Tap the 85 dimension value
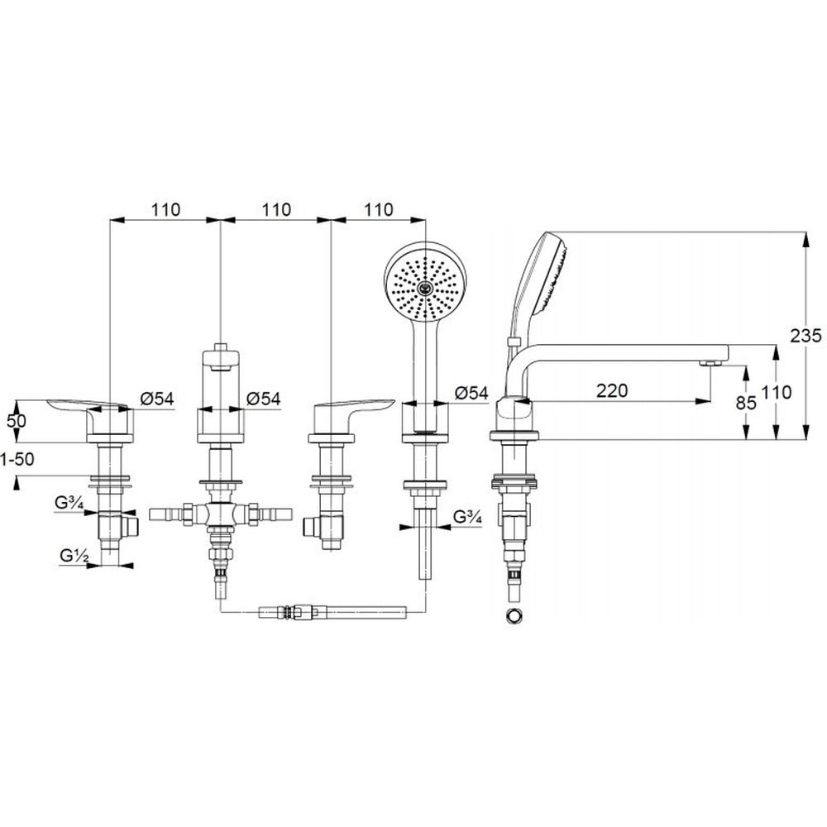pyautogui.click(x=746, y=404)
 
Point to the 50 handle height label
pyautogui.click(x=16, y=420)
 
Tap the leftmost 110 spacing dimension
pyautogui.click(x=165, y=210)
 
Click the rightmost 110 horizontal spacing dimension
pyautogui.click(x=378, y=210)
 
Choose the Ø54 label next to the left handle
pyautogui.click(x=156, y=399)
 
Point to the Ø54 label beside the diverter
pyautogui.click(x=264, y=399)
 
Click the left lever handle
pyautogui.click(x=87, y=405)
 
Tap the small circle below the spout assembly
pyautogui.click(x=514, y=615)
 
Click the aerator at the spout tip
pyautogui.click(x=709, y=363)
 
